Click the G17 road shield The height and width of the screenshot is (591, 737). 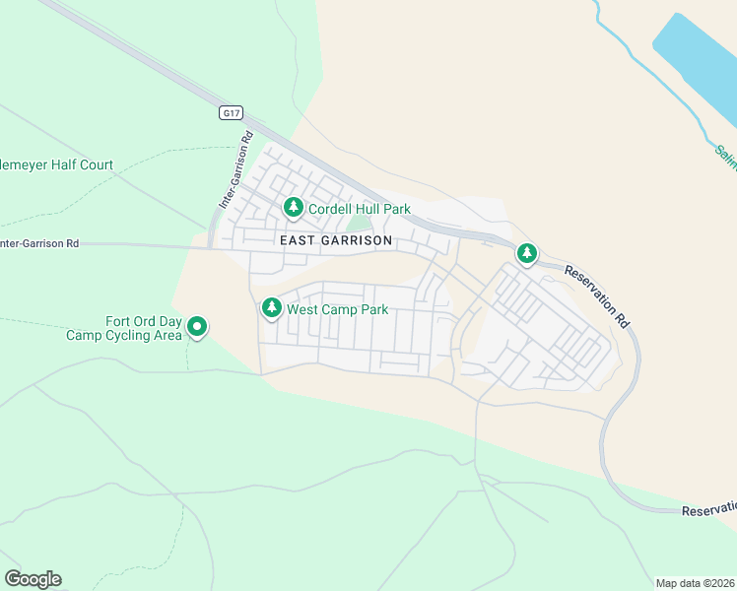[x=231, y=113]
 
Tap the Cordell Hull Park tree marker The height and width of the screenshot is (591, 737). [x=293, y=208]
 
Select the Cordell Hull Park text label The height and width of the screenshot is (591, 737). [x=359, y=209]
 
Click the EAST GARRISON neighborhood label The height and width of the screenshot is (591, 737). [x=336, y=240]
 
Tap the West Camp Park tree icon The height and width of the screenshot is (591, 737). [x=271, y=308]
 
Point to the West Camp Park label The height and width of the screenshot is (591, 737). [x=337, y=309]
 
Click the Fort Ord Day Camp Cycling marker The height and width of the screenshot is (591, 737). [x=197, y=326]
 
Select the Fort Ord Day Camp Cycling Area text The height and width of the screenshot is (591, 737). [x=124, y=328]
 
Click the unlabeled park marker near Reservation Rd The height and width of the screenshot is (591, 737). [x=527, y=254]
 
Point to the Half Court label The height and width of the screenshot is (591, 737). [x=56, y=165]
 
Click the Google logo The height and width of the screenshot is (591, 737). [x=33, y=579]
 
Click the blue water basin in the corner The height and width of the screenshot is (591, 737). [x=695, y=59]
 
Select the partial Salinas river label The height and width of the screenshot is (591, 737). [x=725, y=158]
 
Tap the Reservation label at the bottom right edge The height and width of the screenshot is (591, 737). [x=709, y=508]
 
